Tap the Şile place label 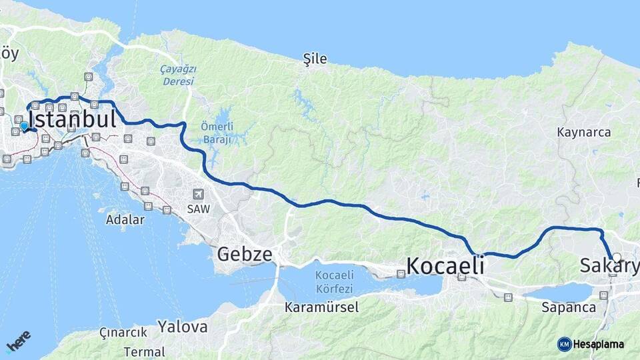315,59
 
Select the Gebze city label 245,254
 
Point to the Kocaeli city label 444,265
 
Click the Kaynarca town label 583,132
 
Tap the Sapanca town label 568,307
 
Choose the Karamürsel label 321,307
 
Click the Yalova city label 182,327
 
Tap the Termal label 144,351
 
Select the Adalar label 125,219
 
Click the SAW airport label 198,209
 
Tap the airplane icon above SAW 197,194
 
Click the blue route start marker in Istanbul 24,126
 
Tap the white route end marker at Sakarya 616,257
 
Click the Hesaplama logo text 600,344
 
